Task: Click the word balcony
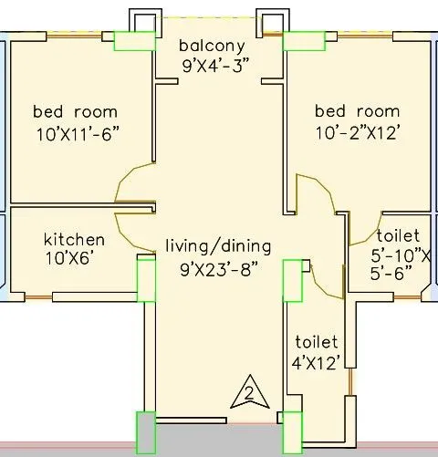click(x=212, y=46)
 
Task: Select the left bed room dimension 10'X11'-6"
click(x=78, y=134)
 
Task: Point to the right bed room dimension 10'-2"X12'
click(x=357, y=133)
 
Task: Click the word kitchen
click(x=75, y=240)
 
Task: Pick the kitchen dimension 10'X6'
click(x=69, y=259)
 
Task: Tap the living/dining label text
click(x=218, y=246)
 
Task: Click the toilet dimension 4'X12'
click(x=316, y=362)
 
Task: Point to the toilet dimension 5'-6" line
click(x=391, y=273)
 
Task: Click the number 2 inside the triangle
click(x=249, y=394)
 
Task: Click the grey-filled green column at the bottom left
click(x=146, y=432)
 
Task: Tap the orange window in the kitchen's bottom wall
click(x=38, y=297)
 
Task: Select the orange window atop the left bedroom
click(x=74, y=36)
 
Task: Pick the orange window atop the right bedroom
click(x=365, y=36)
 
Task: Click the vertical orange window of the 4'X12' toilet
click(x=350, y=381)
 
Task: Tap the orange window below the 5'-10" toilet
click(x=408, y=296)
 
